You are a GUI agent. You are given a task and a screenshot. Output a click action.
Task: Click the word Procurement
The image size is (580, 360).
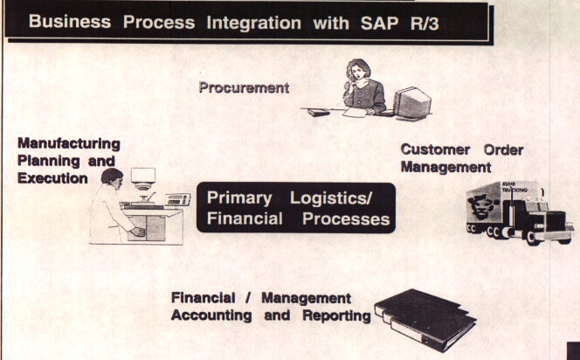pyautogui.click(x=243, y=87)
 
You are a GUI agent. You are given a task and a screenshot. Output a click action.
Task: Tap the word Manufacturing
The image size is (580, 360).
pyautogui.click(x=68, y=142)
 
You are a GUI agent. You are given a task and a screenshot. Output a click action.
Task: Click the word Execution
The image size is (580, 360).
pyautogui.click(x=52, y=177)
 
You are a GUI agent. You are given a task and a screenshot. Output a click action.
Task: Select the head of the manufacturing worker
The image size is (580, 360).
pyautogui.click(x=110, y=177)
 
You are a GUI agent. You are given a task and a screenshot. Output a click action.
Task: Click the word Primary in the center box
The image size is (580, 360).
pyautogui.click(x=238, y=198)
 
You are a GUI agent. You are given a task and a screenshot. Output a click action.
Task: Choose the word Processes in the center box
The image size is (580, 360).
pyautogui.click(x=346, y=219)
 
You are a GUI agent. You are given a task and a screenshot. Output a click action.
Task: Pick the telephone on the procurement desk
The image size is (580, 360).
pyautogui.click(x=319, y=112)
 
